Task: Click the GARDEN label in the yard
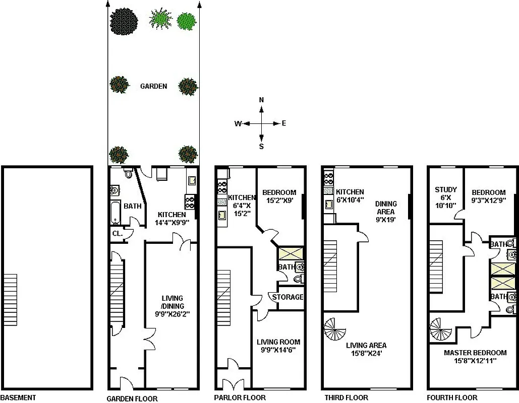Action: click(153, 86)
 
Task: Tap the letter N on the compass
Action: click(261, 100)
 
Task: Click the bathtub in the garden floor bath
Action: click(114, 212)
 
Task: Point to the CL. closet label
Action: click(117, 233)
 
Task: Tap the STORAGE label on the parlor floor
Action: click(287, 297)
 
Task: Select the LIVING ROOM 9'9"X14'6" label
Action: click(278, 346)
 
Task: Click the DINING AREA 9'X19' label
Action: click(386, 212)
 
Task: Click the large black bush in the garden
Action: click(124, 22)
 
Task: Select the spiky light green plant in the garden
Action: click(160, 19)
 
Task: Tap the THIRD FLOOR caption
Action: click(344, 398)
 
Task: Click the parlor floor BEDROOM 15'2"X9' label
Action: click(279, 196)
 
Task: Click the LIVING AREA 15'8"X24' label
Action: click(366, 349)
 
